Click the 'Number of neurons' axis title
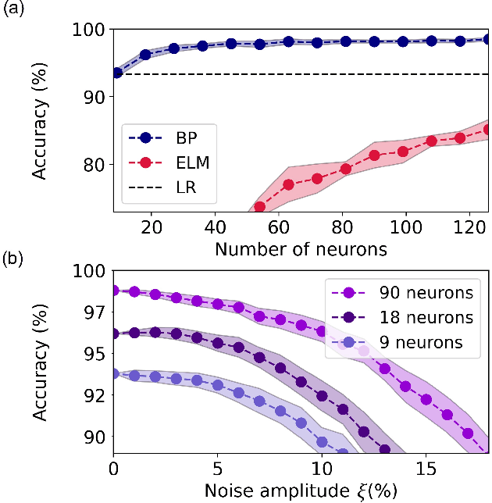click(301, 249)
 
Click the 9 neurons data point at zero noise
click(114, 374)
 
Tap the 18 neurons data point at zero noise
click(114, 334)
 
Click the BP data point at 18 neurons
click(145, 55)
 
